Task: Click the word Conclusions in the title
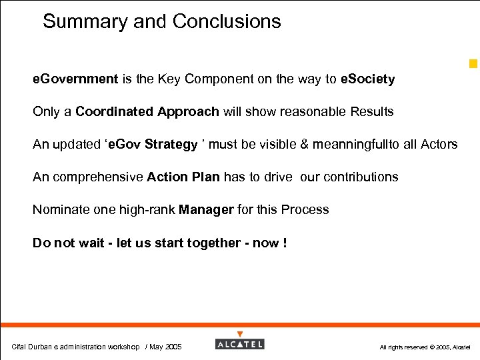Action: click(227, 22)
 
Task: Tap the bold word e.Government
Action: click(75, 79)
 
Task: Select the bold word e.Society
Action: click(367, 79)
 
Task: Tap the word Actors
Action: click(439, 145)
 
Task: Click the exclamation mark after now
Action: click(285, 243)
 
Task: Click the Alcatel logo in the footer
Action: click(240, 344)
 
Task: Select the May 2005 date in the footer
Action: click(165, 347)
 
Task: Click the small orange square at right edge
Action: click(473, 64)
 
